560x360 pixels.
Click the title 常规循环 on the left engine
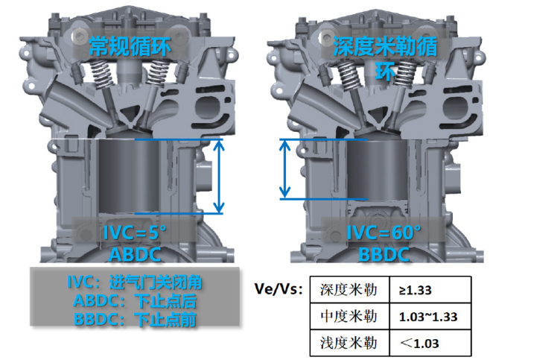(130, 46)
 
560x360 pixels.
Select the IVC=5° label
(135, 233)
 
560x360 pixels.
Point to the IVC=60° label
(384, 233)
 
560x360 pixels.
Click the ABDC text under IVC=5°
(135, 255)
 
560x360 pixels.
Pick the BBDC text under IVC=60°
(384, 255)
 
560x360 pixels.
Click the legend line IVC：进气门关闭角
(134, 282)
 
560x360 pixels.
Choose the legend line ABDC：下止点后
(135, 300)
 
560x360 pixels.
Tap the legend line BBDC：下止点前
(135, 319)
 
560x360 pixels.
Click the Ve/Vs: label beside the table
(279, 289)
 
